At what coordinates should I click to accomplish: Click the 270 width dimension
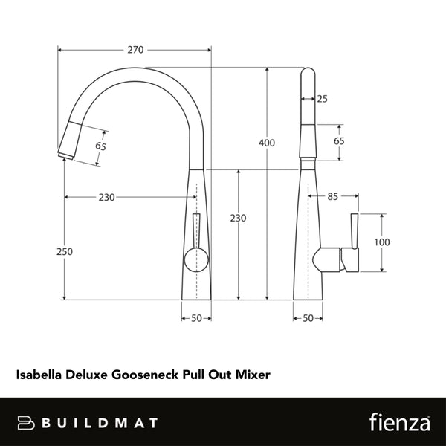click(x=135, y=50)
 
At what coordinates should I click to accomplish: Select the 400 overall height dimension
click(x=267, y=142)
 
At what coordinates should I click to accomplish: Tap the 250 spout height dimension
click(x=65, y=251)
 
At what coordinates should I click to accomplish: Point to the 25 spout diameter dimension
click(x=322, y=98)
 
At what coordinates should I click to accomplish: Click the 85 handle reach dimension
click(x=332, y=196)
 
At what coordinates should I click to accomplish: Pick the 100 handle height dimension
click(x=382, y=242)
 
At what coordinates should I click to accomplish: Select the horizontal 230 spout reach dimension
click(x=107, y=197)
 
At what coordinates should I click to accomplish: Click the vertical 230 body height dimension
click(x=238, y=218)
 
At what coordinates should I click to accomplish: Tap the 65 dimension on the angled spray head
click(x=101, y=145)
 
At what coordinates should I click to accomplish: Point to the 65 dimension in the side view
click(x=339, y=141)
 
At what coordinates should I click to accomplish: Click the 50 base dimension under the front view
click(x=196, y=318)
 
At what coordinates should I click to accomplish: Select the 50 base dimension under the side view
click(x=308, y=318)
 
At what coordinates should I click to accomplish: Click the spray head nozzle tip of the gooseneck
click(x=62, y=154)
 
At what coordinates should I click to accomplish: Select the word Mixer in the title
click(x=253, y=375)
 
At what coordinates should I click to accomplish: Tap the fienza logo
click(x=399, y=422)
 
